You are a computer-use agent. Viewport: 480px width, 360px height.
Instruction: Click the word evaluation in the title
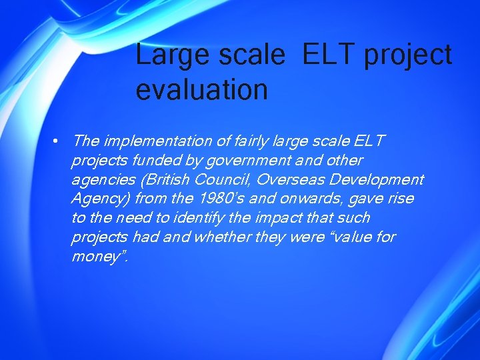tap(201, 89)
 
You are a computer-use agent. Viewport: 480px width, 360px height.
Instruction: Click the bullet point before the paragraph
tap(59, 141)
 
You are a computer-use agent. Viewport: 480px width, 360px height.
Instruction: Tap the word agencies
tap(101, 180)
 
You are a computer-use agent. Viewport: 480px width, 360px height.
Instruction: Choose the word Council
tap(223, 179)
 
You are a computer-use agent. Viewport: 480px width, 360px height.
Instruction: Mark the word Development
tap(377, 180)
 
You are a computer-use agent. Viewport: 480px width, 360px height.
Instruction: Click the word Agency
tap(100, 199)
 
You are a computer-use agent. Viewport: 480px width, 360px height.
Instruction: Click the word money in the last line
tap(95, 257)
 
